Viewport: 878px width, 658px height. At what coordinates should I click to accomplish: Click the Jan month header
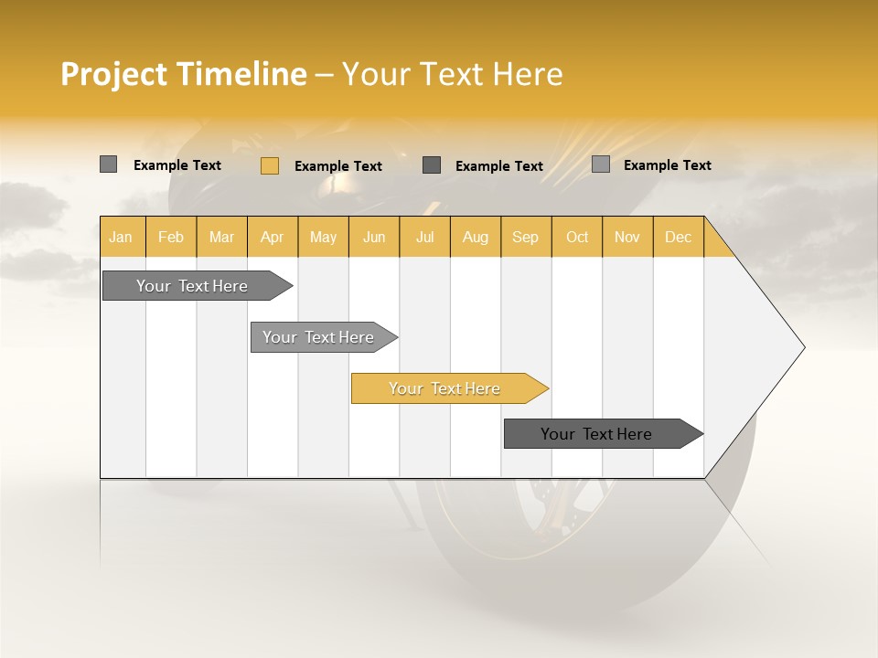[x=122, y=237]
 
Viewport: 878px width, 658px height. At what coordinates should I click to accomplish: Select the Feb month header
[x=171, y=237]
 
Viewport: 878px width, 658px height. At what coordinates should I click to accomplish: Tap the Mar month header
[x=221, y=237]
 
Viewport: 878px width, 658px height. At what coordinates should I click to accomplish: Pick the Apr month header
[x=273, y=237]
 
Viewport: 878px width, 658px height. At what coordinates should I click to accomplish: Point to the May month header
[x=323, y=237]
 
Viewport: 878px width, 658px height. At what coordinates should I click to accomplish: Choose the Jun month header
[x=374, y=237]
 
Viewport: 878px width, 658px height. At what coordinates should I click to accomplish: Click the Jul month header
[x=424, y=237]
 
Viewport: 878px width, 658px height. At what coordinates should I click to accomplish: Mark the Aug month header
[x=476, y=237]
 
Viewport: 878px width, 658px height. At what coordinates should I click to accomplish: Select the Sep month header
[x=526, y=237]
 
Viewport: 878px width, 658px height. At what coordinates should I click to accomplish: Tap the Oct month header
[x=577, y=237]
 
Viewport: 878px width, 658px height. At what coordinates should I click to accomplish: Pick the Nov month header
[x=627, y=237]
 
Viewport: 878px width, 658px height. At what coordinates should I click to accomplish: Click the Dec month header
[x=678, y=237]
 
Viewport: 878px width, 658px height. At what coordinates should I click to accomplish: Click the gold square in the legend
[x=269, y=165]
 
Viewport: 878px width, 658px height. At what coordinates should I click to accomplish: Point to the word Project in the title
[x=114, y=74]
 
